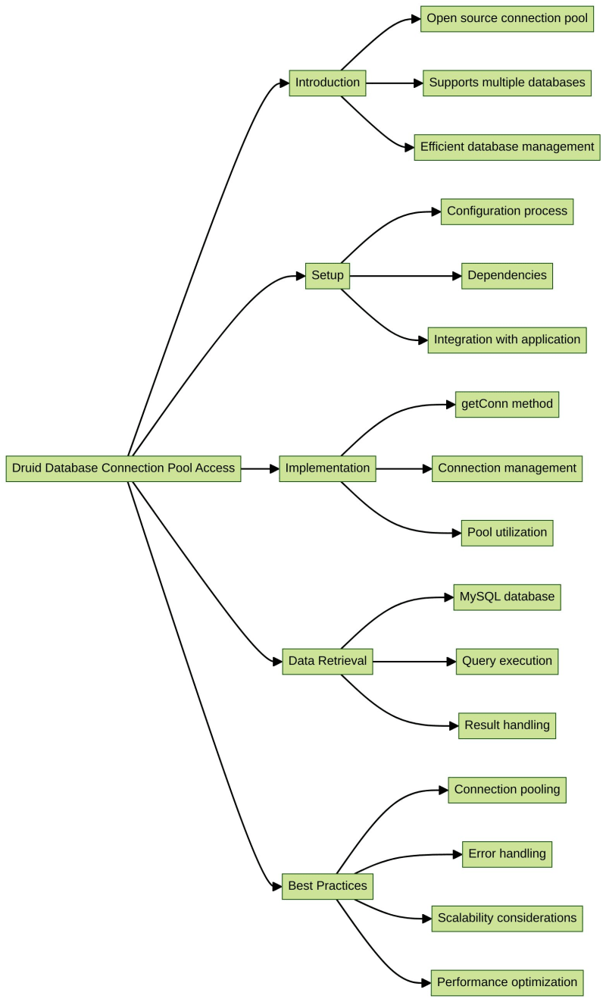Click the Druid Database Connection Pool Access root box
(123, 468)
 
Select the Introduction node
(327, 83)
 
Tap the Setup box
(327, 276)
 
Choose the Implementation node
(327, 468)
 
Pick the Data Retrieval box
(327, 661)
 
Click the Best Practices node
(327, 886)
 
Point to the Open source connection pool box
(507, 18)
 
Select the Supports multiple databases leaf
(507, 83)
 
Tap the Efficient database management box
(507, 147)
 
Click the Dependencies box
(507, 276)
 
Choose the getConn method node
(507, 404)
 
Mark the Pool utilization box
(507, 533)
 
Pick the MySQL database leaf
(507, 597)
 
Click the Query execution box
(507, 661)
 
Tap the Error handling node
(507, 854)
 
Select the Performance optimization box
(507, 982)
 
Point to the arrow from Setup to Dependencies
(405, 276)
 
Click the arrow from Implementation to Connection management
(403, 468)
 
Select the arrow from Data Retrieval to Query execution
(414, 661)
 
